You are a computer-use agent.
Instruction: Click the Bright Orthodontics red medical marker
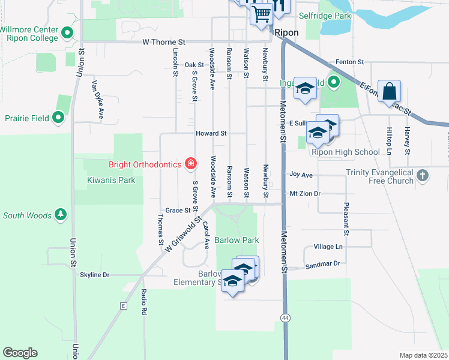[191, 163]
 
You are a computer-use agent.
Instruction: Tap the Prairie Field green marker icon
[58, 118]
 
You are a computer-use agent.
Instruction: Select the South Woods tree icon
[60, 214]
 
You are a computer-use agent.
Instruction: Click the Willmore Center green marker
[67, 33]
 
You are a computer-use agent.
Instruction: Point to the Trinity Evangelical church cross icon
[423, 176]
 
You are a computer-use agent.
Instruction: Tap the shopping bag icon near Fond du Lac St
[389, 92]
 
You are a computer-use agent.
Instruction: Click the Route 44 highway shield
[285, 316]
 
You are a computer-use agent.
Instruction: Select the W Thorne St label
[164, 43]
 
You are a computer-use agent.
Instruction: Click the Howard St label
[210, 133]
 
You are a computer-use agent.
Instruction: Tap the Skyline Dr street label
[95, 275]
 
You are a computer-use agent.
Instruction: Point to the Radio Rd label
[144, 302]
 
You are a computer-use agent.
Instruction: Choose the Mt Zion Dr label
[305, 194]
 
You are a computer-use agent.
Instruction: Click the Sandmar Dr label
[322, 264]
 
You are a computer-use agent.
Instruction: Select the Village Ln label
[328, 247]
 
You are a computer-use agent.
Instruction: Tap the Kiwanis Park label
[110, 180]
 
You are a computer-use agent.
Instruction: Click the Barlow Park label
[237, 240]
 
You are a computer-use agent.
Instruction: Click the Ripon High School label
[345, 152]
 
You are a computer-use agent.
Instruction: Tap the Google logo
[20, 353]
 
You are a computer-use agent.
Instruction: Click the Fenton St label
[350, 62]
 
